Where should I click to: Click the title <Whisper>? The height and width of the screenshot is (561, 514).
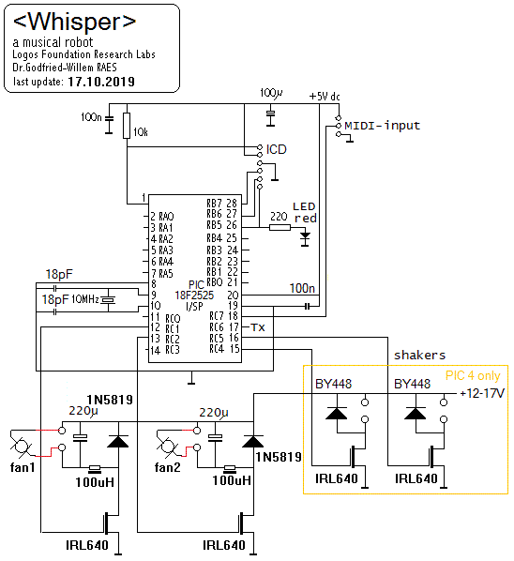(x=74, y=22)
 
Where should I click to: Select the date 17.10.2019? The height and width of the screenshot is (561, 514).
(x=101, y=82)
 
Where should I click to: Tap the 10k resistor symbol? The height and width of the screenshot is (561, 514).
(x=127, y=125)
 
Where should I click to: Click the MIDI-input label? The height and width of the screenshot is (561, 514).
(x=382, y=126)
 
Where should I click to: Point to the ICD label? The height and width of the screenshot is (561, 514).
(x=276, y=149)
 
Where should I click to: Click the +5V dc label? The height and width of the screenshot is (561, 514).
(x=325, y=97)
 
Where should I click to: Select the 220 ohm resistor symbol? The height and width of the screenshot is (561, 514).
(x=280, y=227)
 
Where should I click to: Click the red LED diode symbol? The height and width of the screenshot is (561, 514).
(x=305, y=237)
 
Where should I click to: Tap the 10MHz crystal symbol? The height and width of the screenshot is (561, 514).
(x=108, y=300)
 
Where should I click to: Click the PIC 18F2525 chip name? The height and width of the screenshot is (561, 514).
(x=194, y=296)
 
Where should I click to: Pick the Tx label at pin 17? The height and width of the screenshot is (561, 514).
(x=258, y=327)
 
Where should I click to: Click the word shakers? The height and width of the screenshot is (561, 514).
(x=419, y=355)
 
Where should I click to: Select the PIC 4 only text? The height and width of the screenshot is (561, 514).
(x=473, y=375)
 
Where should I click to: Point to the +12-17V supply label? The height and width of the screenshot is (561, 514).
(x=482, y=394)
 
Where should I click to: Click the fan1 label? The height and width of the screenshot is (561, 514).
(x=23, y=467)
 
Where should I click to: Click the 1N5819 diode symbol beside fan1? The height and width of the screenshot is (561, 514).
(x=118, y=442)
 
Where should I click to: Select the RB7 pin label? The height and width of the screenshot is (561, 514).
(x=214, y=204)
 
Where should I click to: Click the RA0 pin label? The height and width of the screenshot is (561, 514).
(x=166, y=217)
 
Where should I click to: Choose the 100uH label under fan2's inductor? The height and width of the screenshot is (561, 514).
(x=232, y=480)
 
